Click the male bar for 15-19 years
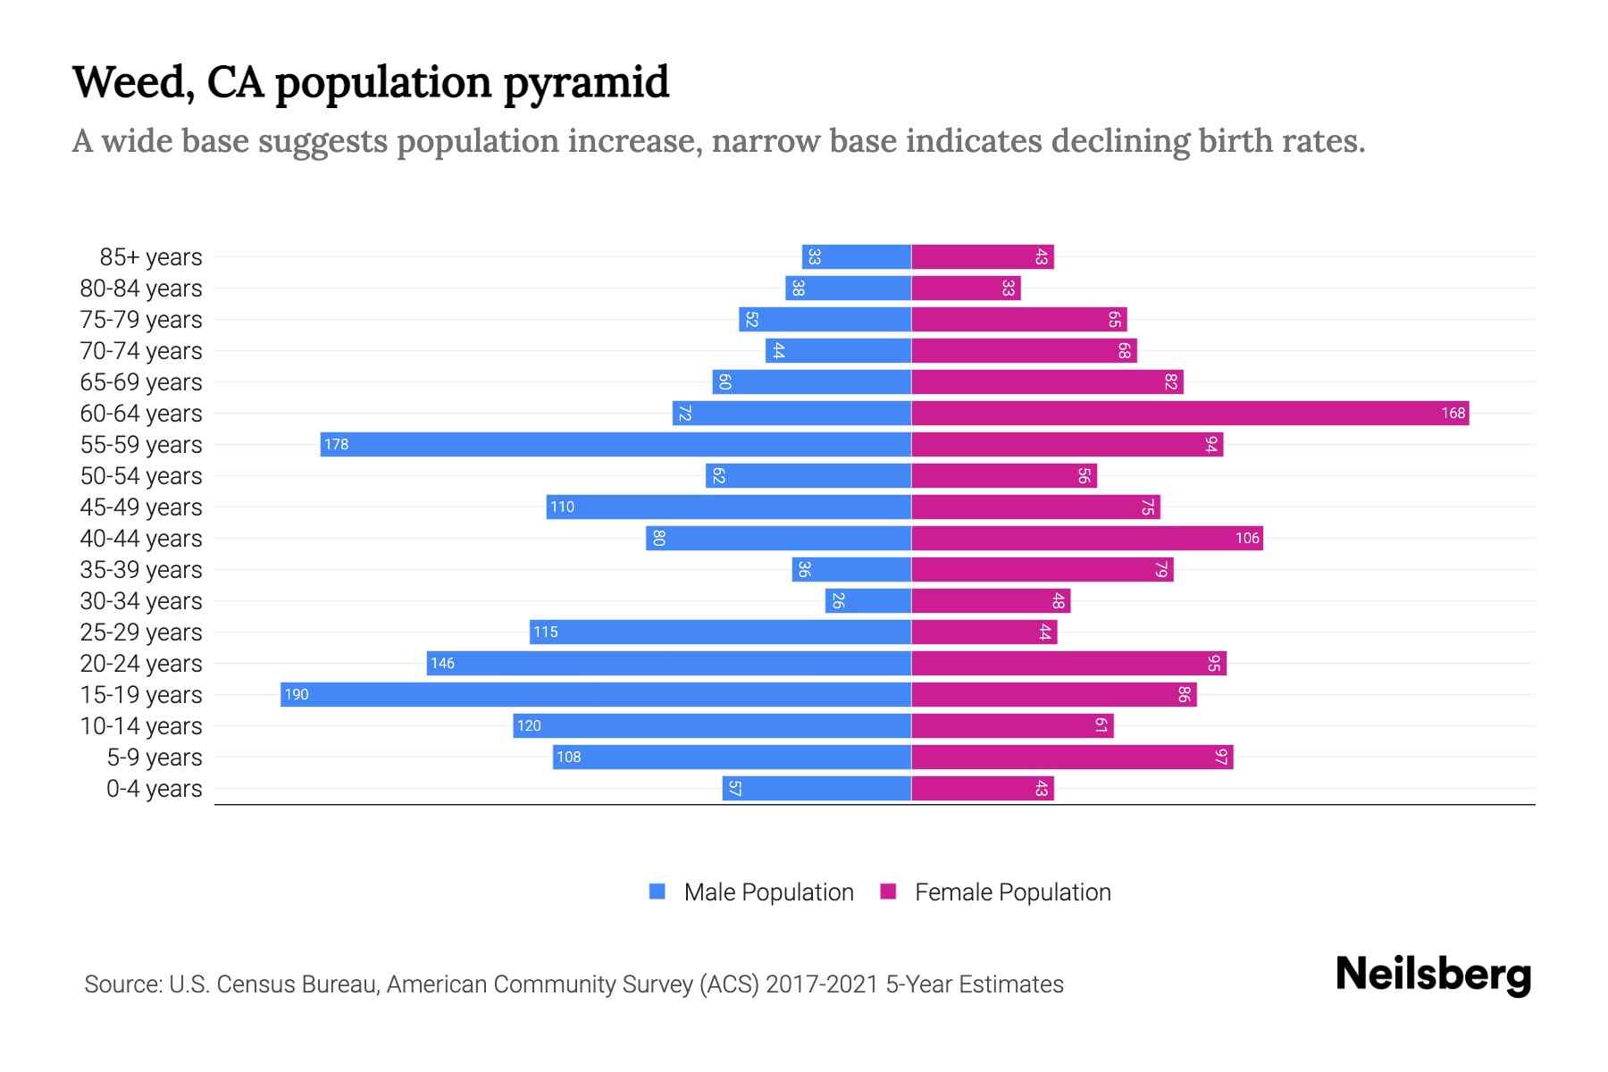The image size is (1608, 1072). (596, 695)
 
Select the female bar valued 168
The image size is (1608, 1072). (1190, 414)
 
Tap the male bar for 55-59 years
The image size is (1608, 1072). (616, 445)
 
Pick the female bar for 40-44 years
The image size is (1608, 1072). (1087, 539)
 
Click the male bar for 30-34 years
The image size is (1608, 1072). (868, 601)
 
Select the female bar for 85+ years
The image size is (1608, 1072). (983, 257)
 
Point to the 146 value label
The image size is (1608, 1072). (442, 664)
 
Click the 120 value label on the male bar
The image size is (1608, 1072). (529, 726)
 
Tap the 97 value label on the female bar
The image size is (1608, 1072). (1221, 758)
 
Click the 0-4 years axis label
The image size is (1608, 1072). (154, 789)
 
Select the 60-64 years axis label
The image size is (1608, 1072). (141, 414)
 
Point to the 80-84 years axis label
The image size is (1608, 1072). (141, 289)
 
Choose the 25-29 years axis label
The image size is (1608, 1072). (141, 632)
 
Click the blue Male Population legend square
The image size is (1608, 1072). (657, 892)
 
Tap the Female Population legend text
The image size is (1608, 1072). (1012, 892)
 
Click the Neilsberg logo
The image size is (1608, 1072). (1433, 975)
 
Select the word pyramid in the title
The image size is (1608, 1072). (585, 82)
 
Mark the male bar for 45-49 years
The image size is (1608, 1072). (729, 507)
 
